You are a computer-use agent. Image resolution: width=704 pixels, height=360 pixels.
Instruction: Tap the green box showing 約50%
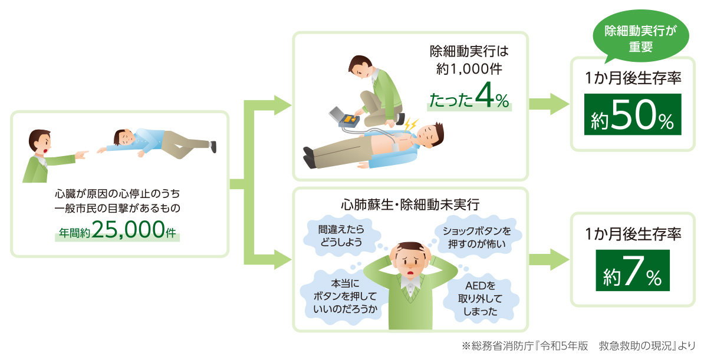coord(633,114)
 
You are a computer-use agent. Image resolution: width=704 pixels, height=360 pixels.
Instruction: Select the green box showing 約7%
coord(633,270)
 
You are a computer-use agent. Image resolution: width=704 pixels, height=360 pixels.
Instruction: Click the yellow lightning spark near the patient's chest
coord(410,124)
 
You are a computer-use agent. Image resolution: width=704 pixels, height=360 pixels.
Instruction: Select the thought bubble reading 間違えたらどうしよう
coord(341,236)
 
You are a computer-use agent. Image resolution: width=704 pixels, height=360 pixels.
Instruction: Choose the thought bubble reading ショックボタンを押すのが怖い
coord(476,237)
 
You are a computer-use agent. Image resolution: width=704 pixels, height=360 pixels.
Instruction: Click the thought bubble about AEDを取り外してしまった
coord(480,299)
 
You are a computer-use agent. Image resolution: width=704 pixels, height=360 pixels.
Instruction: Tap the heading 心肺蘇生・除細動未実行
coord(410,204)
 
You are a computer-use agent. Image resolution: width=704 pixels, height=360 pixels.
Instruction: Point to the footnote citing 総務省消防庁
coord(578,346)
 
